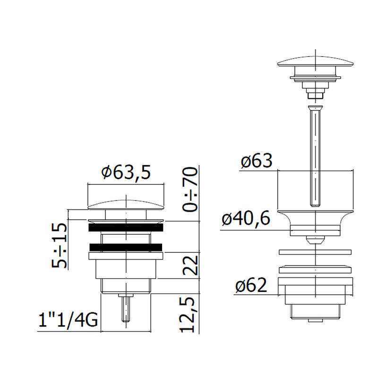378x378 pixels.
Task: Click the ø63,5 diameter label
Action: click(x=126, y=172)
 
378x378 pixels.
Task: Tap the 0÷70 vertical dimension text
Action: click(x=190, y=189)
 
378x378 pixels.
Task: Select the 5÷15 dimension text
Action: click(x=60, y=246)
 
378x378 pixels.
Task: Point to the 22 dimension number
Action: click(x=190, y=265)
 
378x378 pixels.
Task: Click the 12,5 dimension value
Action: click(x=187, y=315)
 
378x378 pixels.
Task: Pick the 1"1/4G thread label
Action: click(x=68, y=320)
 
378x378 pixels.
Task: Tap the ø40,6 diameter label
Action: click(x=246, y=219)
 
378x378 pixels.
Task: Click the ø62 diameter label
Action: click(x=251, y=285)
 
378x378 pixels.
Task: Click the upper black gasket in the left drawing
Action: click(x=126, y=228)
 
